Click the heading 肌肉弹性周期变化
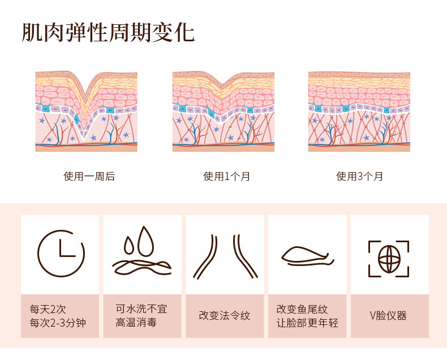click(108, 33)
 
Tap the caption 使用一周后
click(89, 177)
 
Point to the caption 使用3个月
click(360, 177)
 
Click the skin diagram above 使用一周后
click(86, 112)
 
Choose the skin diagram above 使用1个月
click(223, 112)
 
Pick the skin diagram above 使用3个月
click(359, 112)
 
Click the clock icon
click(61, 254)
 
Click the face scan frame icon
click(389, 259)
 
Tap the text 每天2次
click(48, 309)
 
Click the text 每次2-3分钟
click(57, 323)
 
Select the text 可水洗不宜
click(141, 309)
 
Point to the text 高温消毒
click(136, 323)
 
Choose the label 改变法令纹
click(225, 316)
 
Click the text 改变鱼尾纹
click(302, 309)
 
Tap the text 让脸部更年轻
click(307, 323)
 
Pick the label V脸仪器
click(388, 316)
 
